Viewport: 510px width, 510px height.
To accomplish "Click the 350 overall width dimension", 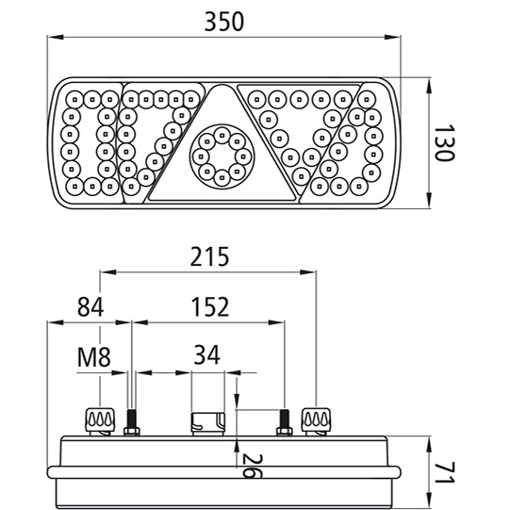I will click(x=223, y=20).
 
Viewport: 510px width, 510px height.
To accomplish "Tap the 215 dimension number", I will click(x=207, y=256).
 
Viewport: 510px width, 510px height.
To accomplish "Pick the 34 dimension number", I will click(x=207, y=355).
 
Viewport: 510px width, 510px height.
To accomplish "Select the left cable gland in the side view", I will click(x=99, y=420).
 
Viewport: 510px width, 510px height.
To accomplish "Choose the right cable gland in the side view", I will click(x=315, y=420).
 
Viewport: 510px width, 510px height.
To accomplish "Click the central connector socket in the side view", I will click(x=207, y=423).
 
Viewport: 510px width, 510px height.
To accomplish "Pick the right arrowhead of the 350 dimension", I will click(x=395, y=39).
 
